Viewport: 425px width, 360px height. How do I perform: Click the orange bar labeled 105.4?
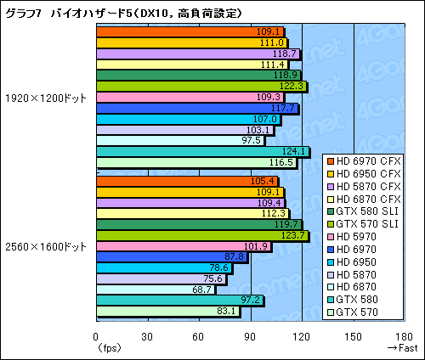187,181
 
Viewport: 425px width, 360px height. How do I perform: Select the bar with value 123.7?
202,235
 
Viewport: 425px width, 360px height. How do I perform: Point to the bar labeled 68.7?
156,290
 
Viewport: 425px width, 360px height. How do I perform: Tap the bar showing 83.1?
168,312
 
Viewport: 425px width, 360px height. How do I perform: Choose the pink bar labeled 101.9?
184,246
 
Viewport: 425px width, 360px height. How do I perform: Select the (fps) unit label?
109,347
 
